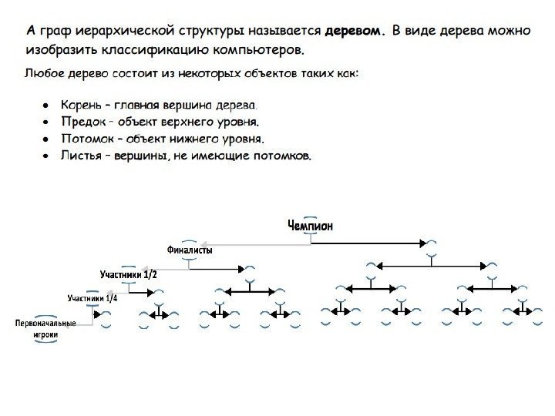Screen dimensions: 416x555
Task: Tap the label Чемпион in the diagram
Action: (x=310, y=225)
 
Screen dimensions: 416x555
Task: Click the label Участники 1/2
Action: (x=129, y=274)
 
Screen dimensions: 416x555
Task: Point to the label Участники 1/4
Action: (x=92, y=298)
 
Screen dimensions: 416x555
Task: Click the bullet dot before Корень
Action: (x=47, y=103)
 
